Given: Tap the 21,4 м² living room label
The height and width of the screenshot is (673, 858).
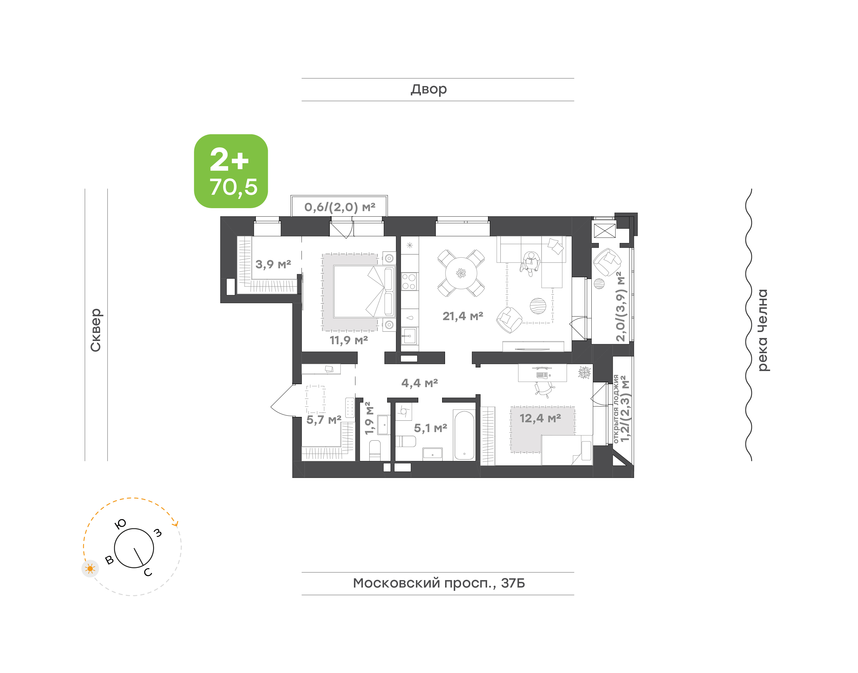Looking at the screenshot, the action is point(463,316).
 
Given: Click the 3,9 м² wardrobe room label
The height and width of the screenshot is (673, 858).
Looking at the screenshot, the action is point(273,264).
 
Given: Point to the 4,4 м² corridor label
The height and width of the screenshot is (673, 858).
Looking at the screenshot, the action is point(420,383).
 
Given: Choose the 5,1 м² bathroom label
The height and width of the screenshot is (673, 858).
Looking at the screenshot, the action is point(430,428).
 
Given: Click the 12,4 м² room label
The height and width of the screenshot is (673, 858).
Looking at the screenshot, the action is point(540,418).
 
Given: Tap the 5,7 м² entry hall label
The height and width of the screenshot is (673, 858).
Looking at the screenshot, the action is point(324,420).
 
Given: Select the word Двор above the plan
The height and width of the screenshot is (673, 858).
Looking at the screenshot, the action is point(429,89).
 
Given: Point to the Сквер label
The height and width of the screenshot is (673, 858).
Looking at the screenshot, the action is point(96,330).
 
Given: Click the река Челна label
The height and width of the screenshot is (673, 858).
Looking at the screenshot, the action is point(763,330).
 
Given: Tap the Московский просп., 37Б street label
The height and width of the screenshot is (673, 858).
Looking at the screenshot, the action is point(439,583).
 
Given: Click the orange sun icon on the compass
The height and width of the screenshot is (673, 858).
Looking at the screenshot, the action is point(90,568).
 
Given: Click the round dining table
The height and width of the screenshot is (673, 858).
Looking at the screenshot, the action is point(461,273).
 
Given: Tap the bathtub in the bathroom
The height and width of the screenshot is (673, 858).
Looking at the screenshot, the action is point(464,435).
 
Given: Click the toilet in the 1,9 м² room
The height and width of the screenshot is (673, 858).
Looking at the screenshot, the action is point(375,450).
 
